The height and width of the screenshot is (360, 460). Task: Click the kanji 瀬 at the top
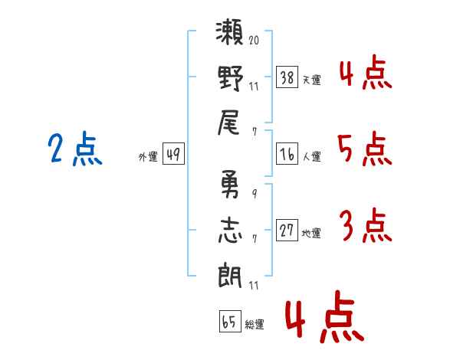[231, 34]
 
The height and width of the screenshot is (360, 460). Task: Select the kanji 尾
[231, 122]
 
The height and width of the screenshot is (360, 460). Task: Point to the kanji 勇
[231, 185]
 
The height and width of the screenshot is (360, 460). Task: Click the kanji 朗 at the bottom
[231, 274]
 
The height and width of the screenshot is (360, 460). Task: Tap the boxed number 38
[287, 78]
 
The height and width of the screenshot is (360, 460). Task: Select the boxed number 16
[287, 155]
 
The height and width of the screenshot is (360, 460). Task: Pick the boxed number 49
[172, 155]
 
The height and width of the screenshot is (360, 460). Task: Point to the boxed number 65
[229, 322]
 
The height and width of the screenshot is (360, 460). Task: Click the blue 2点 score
[74, 150]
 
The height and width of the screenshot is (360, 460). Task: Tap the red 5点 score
[364, 150]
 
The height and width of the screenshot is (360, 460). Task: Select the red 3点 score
[365, 226]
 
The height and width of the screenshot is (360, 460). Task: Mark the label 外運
[148, 157]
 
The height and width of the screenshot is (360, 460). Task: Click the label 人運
[312, 157]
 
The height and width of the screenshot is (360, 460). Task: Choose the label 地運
[311, 233]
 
